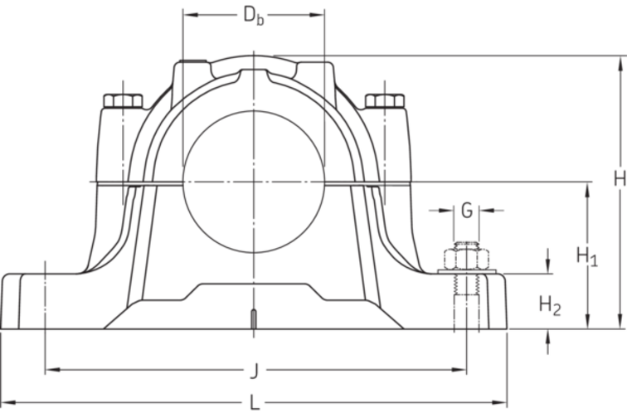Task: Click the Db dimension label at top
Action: point(254,15)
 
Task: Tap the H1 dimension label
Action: point(587,256)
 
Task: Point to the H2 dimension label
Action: point(550,305)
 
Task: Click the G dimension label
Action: point(467,211)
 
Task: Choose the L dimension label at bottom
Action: point(254,403)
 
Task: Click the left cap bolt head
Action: point(123,101)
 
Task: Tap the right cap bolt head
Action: point(385,101)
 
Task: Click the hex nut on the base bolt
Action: point(467,256)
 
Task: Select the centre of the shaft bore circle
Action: point(254,181)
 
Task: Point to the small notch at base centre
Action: point(252,320)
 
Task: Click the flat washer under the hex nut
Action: point(467,271)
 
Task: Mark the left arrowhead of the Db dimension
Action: point(187,15)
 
